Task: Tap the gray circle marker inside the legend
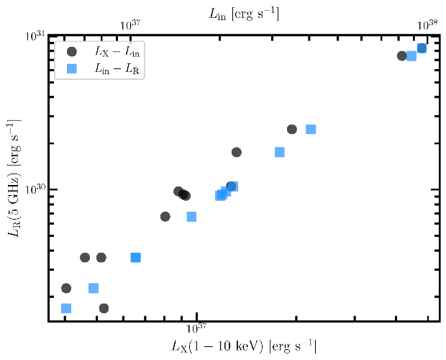point(71,52)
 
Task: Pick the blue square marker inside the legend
point(71,68)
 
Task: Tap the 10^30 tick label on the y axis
point(35,189)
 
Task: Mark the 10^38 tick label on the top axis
point(428,24)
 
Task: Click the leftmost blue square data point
point(66,308)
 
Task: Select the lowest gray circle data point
point(104,308)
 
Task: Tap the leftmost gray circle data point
point(66,288)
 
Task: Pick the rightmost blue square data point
point(422,48)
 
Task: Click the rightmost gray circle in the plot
point(422,48)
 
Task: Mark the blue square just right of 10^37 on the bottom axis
point(220,195)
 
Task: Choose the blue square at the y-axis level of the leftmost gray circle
point(94,288)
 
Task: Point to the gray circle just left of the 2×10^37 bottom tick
point(292,129)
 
